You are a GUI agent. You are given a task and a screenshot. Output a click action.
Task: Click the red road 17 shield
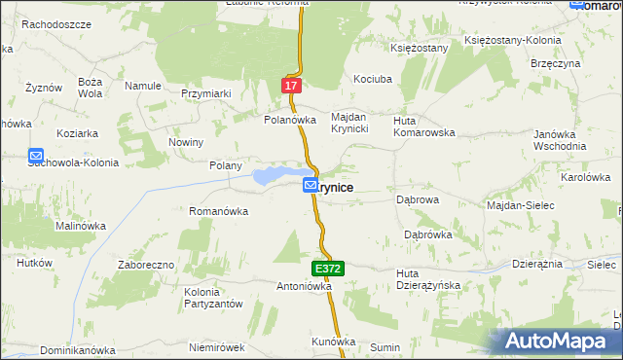(291, 86)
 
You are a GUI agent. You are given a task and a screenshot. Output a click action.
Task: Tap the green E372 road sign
(326, 268)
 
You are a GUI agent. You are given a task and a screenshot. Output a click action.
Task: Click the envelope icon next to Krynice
(310, 185)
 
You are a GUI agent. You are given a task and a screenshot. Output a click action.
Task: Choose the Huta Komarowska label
(423, 126)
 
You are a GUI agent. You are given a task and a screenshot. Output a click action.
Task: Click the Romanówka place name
(221, 210)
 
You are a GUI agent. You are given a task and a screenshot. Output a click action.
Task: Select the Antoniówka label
(305, 287)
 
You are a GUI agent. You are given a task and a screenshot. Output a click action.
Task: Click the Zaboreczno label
(145, 264)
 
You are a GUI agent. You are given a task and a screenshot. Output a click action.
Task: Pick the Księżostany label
(419, 47)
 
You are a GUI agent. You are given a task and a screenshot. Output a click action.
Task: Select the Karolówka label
(585, 178)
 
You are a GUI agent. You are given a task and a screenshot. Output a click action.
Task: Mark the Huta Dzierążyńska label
(427, 279)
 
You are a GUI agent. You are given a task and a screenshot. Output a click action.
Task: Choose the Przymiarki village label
(204, 93)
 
